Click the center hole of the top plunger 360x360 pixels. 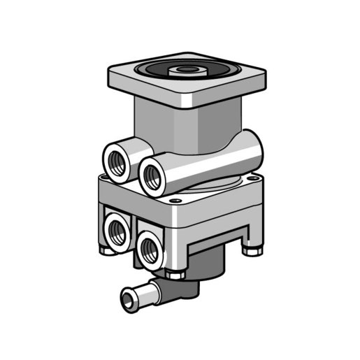pos(186,69)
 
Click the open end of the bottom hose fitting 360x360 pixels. pos(128,300)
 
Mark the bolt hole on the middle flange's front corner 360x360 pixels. pos(175,201)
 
